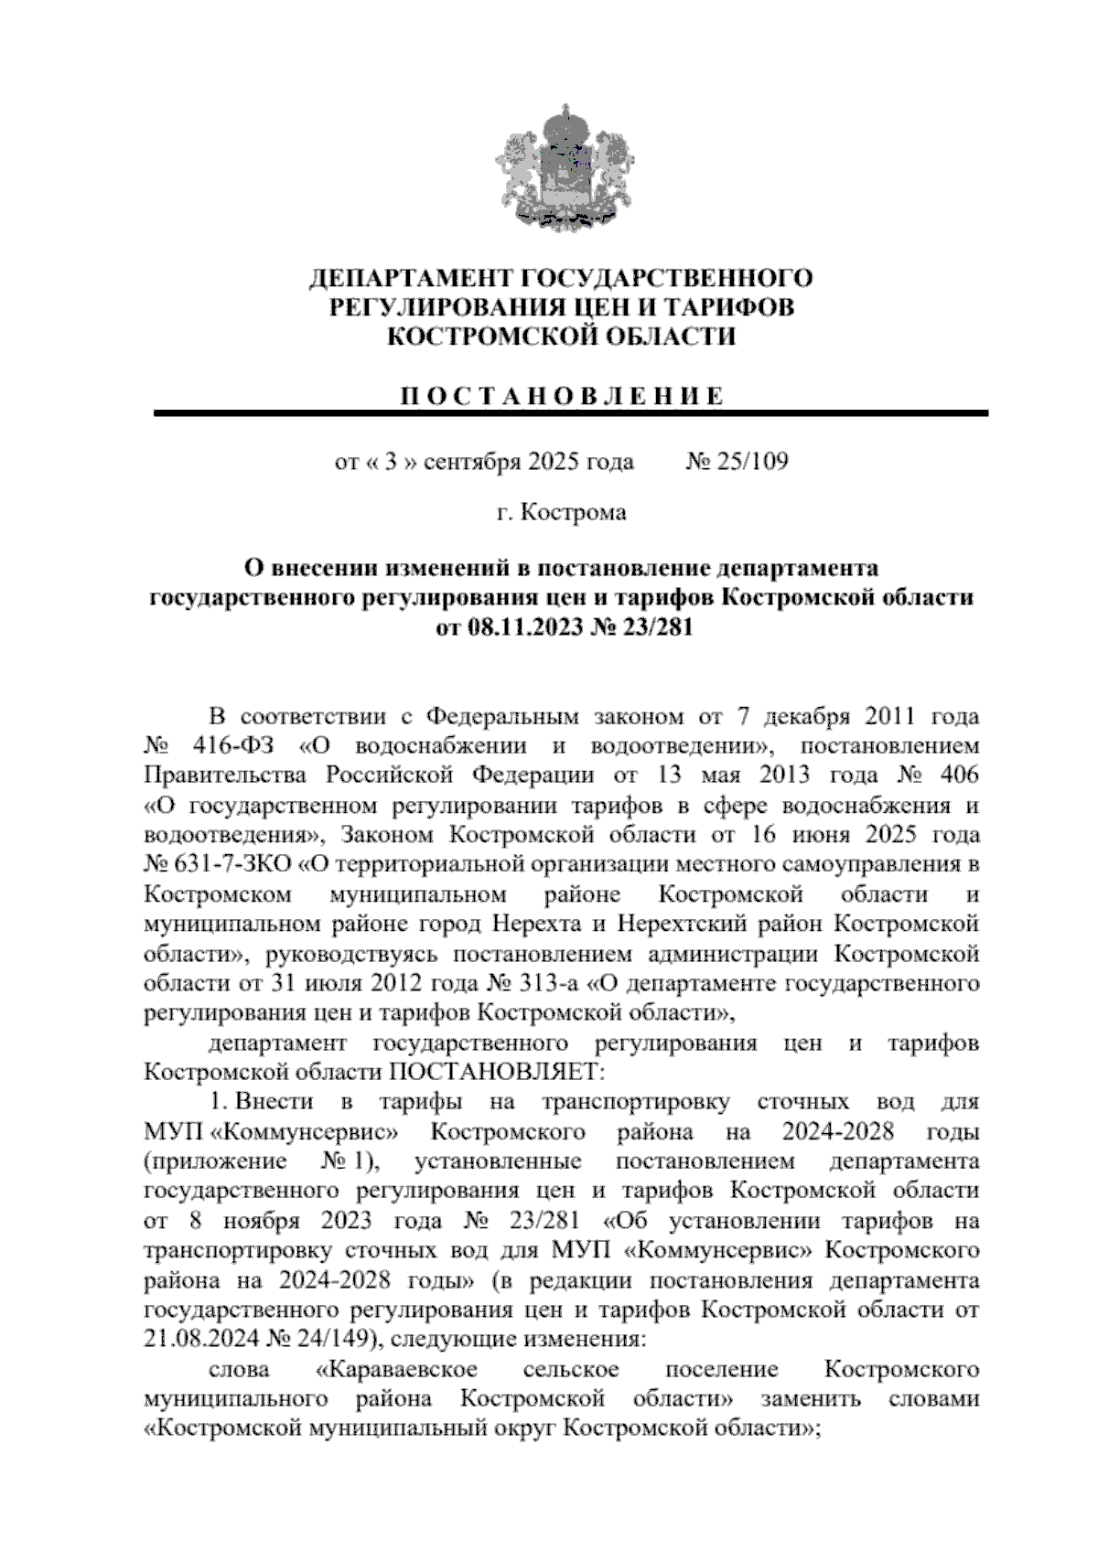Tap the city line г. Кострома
[x=561, y=512]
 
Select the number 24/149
[x=330, y=1340]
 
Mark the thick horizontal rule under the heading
[x=571, y=413]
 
